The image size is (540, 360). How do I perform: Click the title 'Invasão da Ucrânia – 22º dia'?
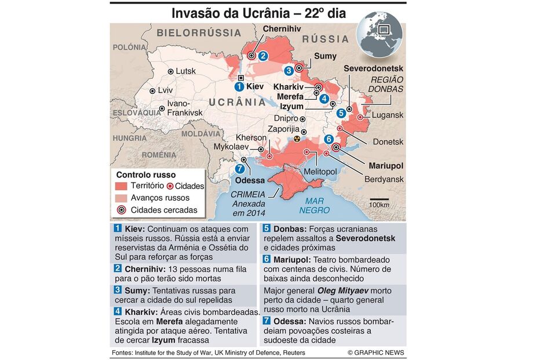[258, 13]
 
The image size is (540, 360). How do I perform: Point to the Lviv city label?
[165, 90]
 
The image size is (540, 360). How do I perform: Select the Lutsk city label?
[185, 71]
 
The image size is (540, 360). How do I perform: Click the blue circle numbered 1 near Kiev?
[239, 86]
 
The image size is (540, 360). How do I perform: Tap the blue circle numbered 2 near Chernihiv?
[263, 56]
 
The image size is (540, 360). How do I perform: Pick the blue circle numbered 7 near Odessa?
[240, 169]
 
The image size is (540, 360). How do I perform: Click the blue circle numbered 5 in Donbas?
[341, 113]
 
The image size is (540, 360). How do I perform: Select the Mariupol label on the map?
[385, 165]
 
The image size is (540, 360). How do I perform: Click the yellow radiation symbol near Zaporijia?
[297, 140]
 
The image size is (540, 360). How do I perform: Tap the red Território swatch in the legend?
[121, 187]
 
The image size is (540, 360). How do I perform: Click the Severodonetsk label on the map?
[373, 68]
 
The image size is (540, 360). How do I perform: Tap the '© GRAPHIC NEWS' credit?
[375, 352]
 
